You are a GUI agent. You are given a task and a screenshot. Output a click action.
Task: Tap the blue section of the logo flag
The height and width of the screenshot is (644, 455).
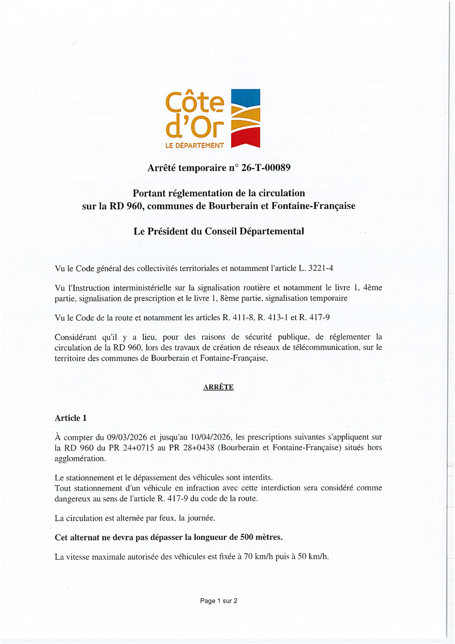coord(246,98)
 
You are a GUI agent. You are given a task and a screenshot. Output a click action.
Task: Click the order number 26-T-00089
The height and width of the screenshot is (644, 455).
coord(263,168)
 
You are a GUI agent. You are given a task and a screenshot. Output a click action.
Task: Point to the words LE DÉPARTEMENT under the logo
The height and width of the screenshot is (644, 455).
coord(195,146)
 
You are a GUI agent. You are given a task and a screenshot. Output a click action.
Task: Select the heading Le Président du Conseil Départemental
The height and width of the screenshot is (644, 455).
coord(219,232)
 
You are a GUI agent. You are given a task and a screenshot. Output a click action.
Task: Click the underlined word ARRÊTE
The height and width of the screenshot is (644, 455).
coord(218,387)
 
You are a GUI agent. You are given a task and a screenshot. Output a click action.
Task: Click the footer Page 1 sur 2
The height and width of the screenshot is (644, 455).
coord(219,601)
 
